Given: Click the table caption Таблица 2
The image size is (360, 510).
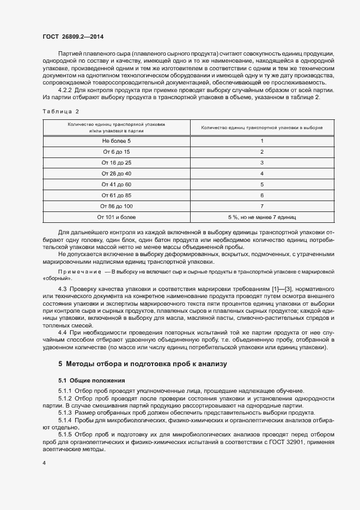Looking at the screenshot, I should [61, 111].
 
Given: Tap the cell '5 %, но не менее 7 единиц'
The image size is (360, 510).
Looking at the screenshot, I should [262, 217].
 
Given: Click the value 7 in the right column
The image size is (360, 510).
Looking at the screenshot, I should [262, 206].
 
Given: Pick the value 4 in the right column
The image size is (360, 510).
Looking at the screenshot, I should [262, 174].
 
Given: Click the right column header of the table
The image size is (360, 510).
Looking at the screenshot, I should [262, 127].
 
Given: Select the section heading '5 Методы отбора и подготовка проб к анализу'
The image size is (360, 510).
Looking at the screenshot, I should [138, 363].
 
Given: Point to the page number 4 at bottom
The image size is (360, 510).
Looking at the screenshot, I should [44, 463].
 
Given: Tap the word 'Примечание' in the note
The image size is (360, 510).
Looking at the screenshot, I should [80, 271].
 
